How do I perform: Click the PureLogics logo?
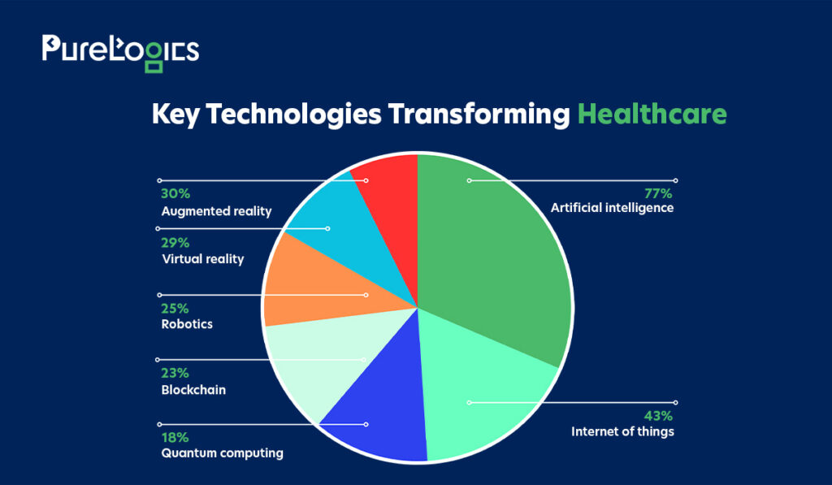click(120, 53)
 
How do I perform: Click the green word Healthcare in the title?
click(652, 114)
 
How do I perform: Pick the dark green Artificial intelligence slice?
click(488, 249)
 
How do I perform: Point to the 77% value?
click(658, 193)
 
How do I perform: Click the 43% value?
click(658, 415)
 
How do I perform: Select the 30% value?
click(175, 193)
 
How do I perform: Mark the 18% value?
click(175, 437)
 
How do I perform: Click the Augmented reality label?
click(216, 211)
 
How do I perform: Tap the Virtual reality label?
click(203, 259)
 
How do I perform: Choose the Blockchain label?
click(193, 389)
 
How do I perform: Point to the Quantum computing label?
click(223, 453)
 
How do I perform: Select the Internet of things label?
click(622, 431)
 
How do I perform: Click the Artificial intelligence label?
click(612, 208)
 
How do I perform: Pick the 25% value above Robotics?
click(175, 308)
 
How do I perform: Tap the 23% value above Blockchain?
click(175, 373)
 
